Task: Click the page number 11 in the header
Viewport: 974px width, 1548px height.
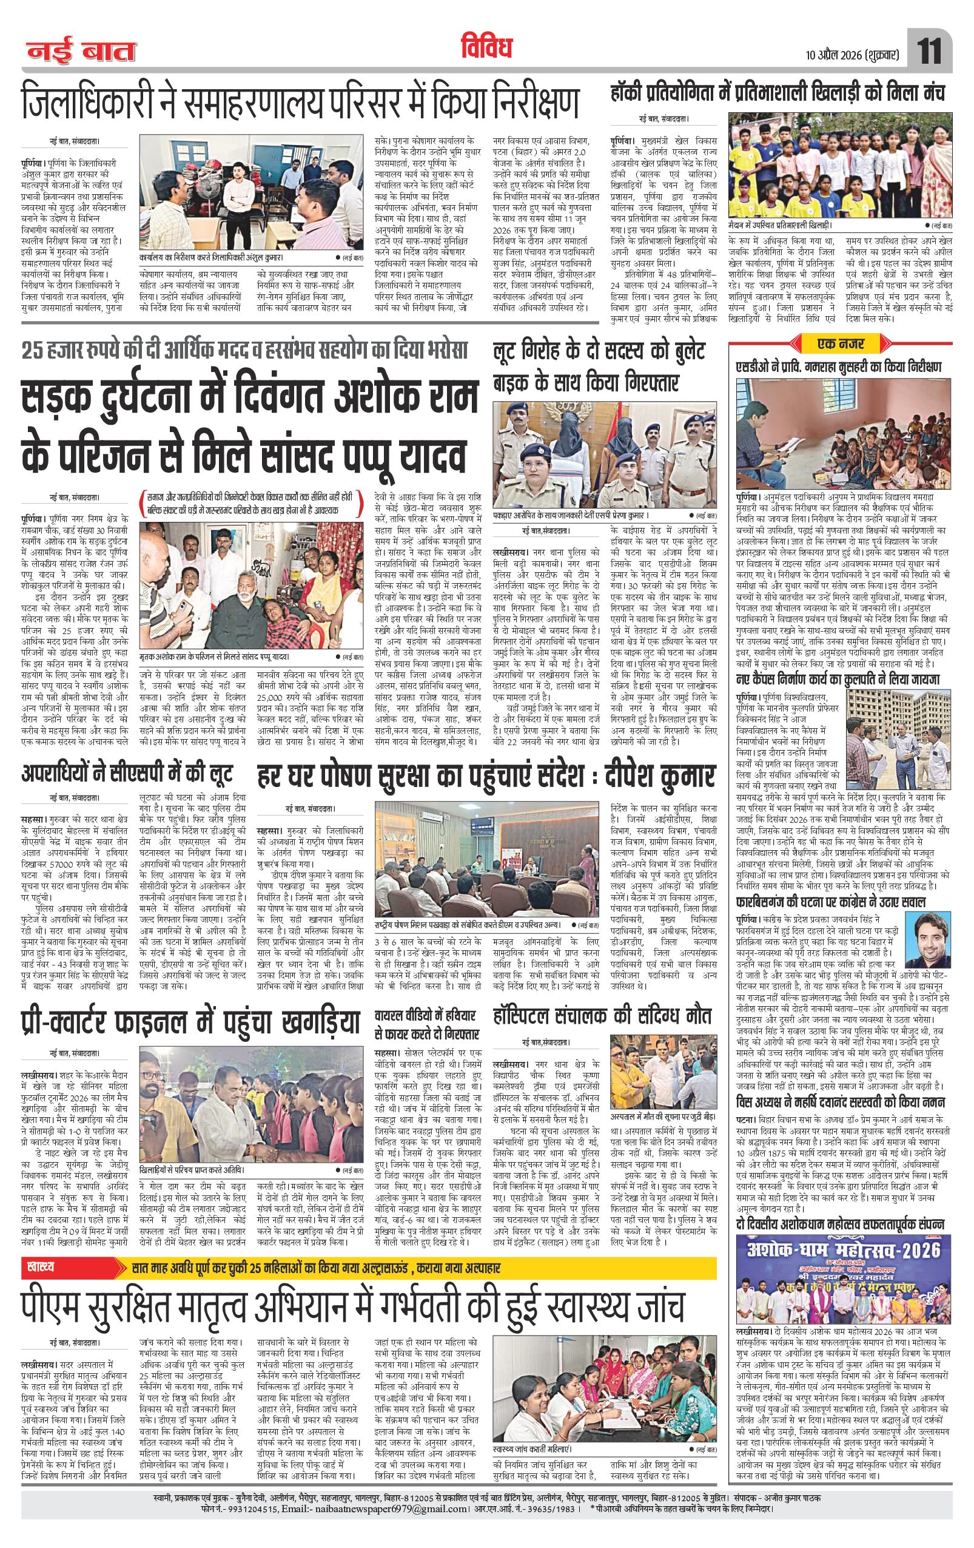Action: click(930, 51)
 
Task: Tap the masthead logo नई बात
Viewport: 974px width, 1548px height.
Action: click(81, 52)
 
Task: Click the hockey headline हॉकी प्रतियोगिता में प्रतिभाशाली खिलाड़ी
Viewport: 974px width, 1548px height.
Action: click(778, 94)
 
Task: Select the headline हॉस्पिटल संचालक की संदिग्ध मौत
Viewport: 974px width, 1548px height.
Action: click(602, 1016)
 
